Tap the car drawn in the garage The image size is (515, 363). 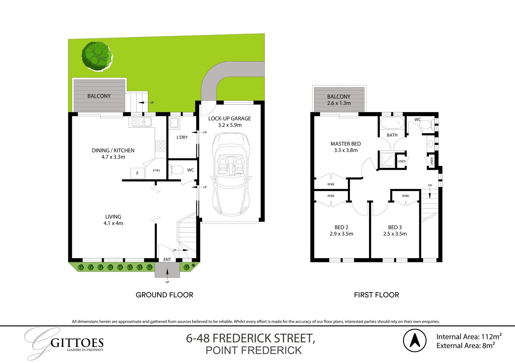point(231,174)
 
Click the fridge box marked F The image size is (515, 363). point(137,173)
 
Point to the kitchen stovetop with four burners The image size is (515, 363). point(161,146)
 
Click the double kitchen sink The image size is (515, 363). point(142,122)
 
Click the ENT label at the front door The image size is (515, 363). point(167,259)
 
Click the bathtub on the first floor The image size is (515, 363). point(392,123)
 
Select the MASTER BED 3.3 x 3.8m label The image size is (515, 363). point(345,147)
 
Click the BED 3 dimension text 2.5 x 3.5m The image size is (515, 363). point(395,234)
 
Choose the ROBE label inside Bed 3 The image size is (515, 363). point(405,196)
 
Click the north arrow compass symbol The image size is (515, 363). point(415,341)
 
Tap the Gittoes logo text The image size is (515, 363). point(77,343)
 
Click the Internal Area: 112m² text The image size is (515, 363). point(469,336)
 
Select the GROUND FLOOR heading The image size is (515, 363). point(164,295)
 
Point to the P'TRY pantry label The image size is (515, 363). point(156,171)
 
